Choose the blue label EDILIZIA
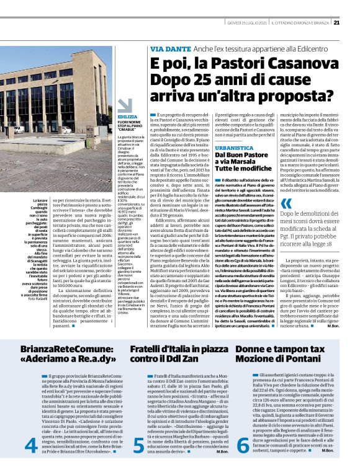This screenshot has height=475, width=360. (x=128, y=117)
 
